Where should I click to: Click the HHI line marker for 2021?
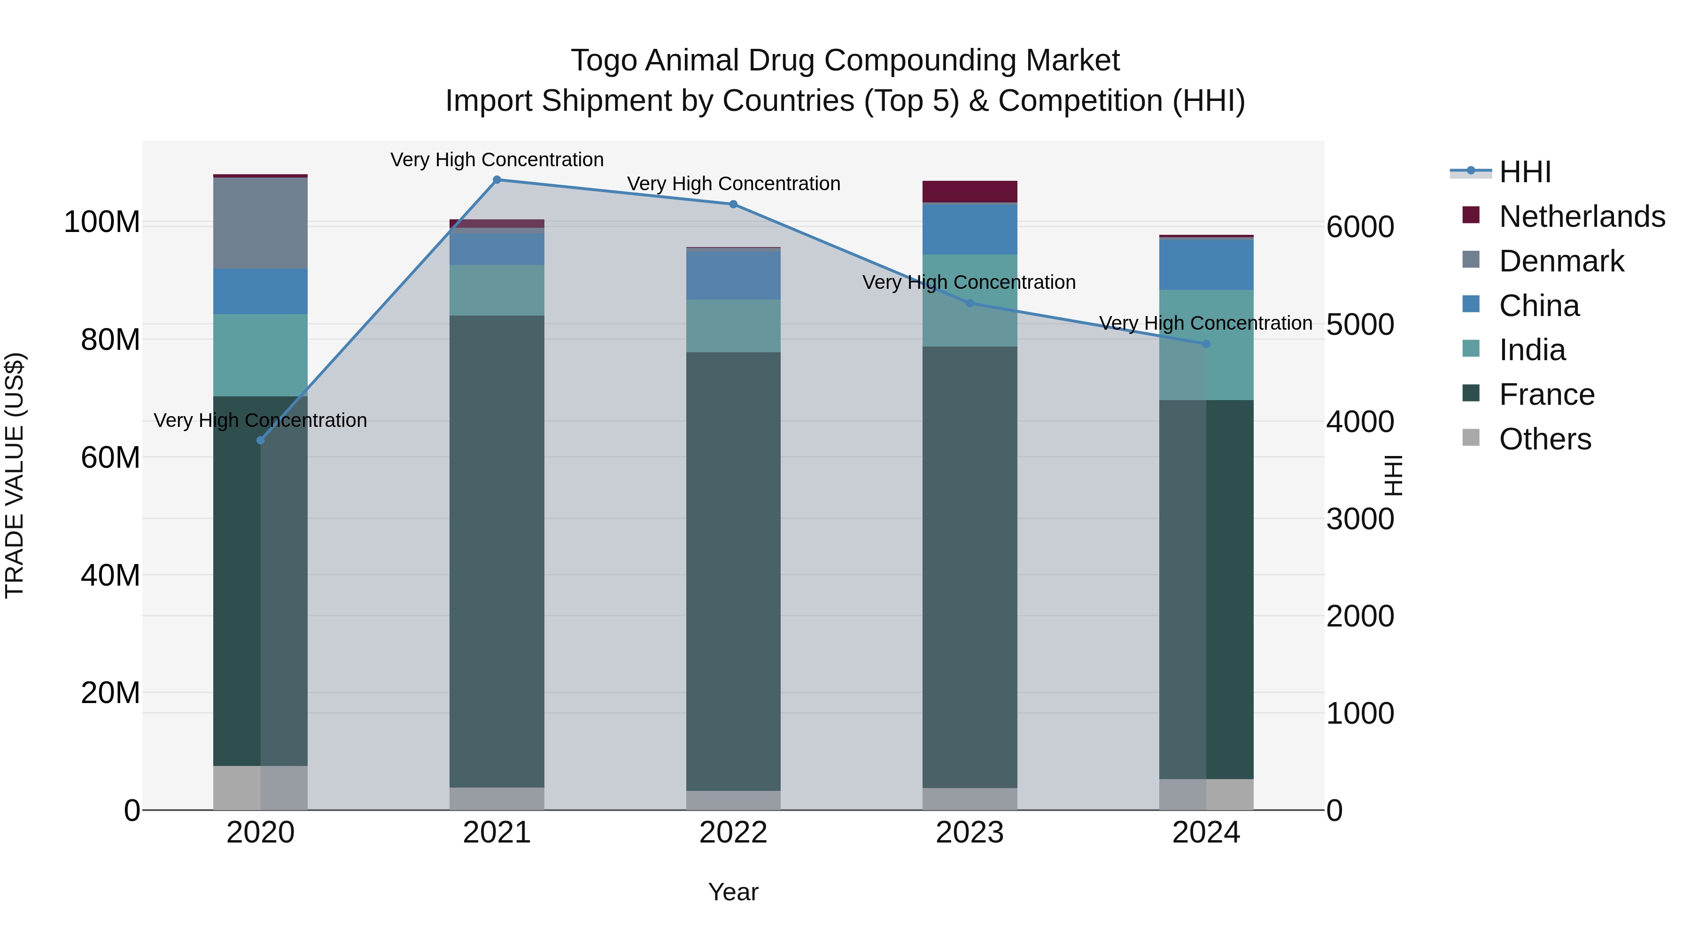(497, 180)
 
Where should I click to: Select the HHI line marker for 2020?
(261, 441)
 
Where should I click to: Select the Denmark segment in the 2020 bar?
(261, 223)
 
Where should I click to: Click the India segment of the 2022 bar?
(733, 326)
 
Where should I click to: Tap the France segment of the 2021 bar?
(497, 551)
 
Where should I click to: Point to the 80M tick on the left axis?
(110, 340)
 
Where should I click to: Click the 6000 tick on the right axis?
(1359, 227)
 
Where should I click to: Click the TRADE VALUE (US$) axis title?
(15, 475)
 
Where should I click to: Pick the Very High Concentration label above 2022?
(733, 184)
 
